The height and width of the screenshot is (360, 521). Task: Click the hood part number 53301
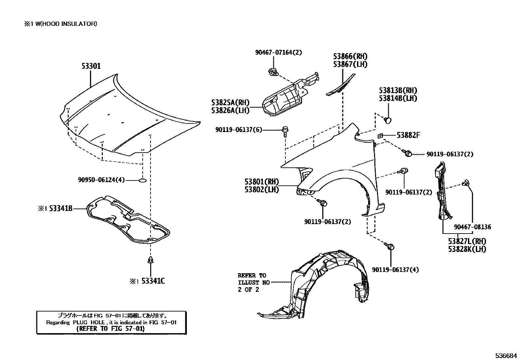[91, 66]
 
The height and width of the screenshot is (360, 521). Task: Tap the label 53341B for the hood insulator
[61, 208]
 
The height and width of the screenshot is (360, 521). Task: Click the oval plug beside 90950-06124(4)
[142, 180]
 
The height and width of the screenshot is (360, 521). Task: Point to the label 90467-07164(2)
[278, 52]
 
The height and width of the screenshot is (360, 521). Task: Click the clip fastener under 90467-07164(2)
[272, 72]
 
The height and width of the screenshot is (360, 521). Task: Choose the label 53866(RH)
[350, 56]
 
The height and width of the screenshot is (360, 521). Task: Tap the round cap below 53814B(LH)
[388, 120]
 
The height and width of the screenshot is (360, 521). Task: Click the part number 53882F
[408, 135]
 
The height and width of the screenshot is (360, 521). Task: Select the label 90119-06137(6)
[239, 130]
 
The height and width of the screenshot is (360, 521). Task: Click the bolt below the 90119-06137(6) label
[285, 131]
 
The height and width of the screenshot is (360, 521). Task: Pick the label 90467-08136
[472, 227]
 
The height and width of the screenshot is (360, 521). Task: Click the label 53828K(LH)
[467, 249]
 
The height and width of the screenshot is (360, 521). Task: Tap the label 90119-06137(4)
[395, 270]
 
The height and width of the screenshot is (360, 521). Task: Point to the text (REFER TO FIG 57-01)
[110, 329]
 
